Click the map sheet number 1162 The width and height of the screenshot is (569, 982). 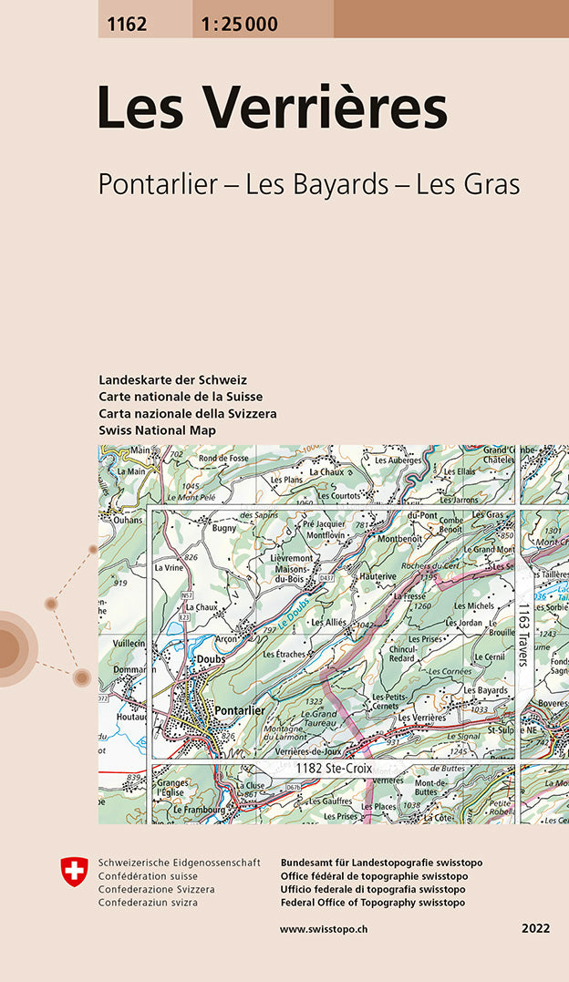pyautogui.click(x=126, y=25)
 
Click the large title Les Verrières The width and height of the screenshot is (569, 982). pyautogui.click(x=272, y=108)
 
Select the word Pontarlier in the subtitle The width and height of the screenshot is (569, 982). pyautogui.click(x=156, y=184)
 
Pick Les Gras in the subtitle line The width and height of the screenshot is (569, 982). pyautogui.click(x=467, y=184)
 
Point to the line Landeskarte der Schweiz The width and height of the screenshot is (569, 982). pyautogui.click(x=172, y=379)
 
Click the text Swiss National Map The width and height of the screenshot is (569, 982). pyautogui.click(x=157, y=429)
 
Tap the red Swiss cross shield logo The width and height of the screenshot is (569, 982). pyautogui.click(x=74, y=871)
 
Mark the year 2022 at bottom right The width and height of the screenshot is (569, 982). pyautogui.click(x=535, y=929)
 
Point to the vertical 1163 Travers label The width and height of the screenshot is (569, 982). pyautogui.click(x=523, y=634)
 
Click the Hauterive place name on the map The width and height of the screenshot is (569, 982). pyautogui.click(x=377, y=577)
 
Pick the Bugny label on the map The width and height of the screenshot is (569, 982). pyautogui.click(x=223, y=528)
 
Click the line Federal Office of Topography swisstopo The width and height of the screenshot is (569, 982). pyautogui.click(x=372, y=903)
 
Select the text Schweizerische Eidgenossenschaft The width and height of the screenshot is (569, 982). pyautogui.click(x=179, y=863)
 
